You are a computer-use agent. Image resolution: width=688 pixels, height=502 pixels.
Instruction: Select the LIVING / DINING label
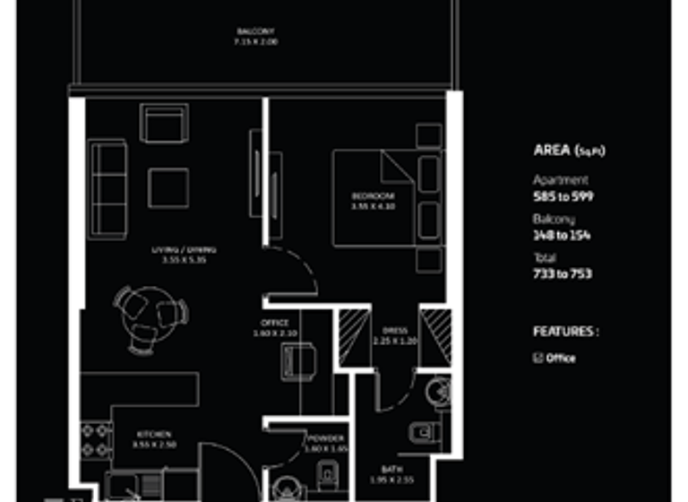(x=183, y=250)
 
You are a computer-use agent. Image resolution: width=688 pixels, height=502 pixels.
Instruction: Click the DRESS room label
(x=394, y=331)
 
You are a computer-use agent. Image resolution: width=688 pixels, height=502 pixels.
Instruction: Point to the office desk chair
(x=298, y=361)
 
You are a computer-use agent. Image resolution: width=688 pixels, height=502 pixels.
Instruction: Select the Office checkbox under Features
(x=538, y=358)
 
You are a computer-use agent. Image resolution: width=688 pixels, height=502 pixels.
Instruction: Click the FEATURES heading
(x=565, y=332)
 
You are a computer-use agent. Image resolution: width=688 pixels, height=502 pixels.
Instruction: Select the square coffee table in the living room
(x=168, y=188)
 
